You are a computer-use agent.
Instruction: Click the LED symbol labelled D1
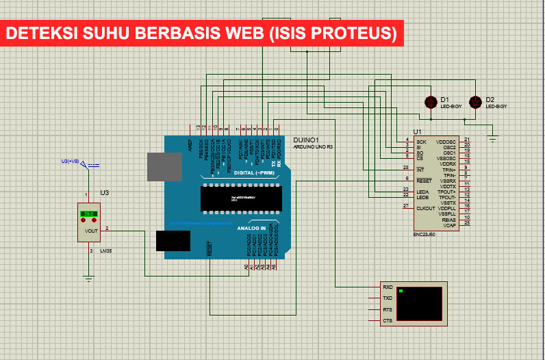tap(431, 102)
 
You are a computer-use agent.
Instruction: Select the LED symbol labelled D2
tap(477, 102)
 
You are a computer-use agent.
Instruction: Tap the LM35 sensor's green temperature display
tap(88, 214)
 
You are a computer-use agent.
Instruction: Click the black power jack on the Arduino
tap(173, 242)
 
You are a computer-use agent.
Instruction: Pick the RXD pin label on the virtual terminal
tap(388, 287)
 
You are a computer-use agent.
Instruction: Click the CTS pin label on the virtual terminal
tap(388, 320)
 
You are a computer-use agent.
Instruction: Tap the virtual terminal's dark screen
tap(419, 304)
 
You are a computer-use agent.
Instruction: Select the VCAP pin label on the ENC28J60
tap(449, 224)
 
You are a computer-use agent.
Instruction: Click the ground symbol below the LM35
tap(88, 278)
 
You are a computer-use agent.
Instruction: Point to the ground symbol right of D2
tap(492, 140)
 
